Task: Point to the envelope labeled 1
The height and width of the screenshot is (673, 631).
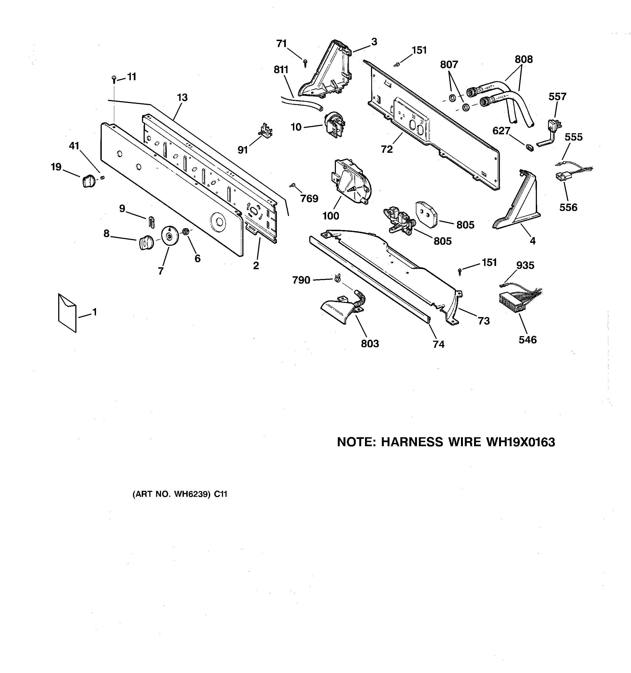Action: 67,312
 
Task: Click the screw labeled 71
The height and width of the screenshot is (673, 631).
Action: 305,62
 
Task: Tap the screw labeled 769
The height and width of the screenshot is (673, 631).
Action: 292,185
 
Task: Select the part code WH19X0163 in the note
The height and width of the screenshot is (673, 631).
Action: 520,442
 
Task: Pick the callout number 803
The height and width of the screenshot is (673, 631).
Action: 370,344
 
